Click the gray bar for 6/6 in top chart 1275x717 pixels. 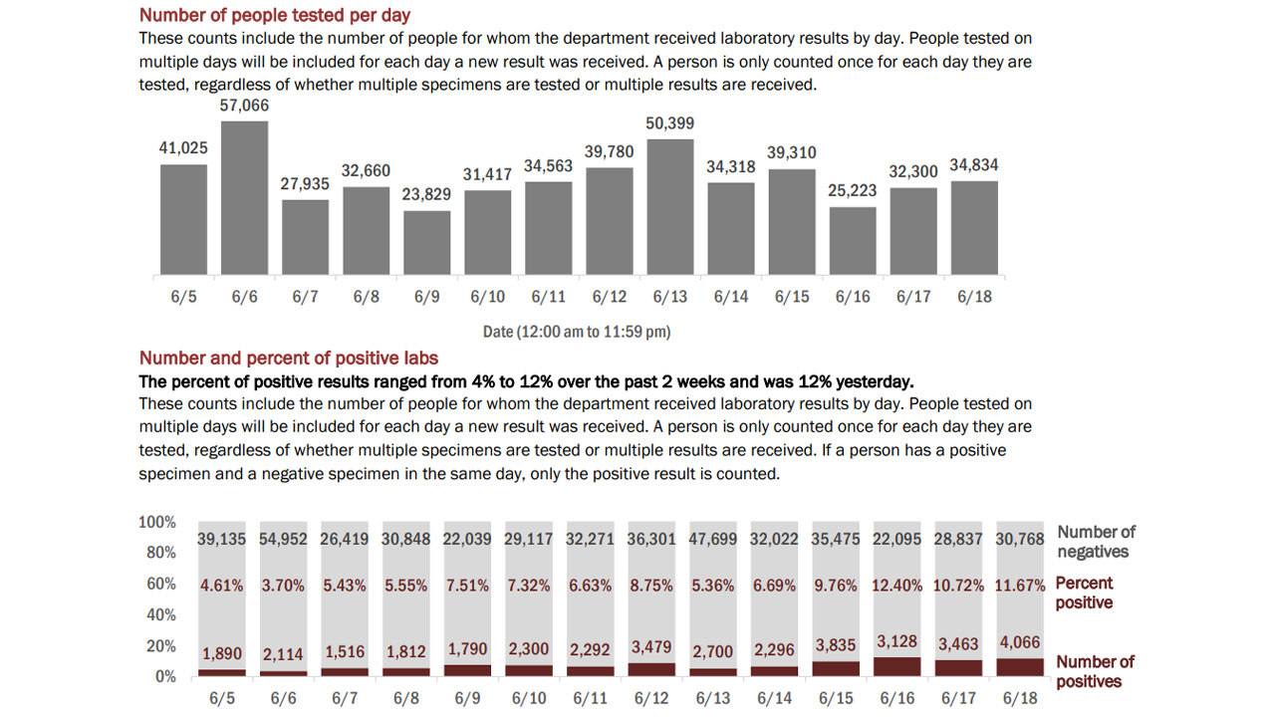pos(244,198)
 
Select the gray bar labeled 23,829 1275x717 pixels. pos(427,243)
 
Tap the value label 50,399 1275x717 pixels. pos(670,123)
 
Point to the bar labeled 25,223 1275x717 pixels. pos(853,241)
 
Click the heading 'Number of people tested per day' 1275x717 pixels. pos(275,15)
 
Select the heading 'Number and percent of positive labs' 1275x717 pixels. pos(289,358)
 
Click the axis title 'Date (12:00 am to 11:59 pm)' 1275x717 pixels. pos(577,332)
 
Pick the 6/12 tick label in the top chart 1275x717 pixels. pos(609,297)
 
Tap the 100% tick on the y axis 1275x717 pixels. pos(157,522)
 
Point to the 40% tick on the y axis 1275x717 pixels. pos(160,614)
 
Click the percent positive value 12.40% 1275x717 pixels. pos(897,586)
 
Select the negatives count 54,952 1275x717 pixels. pos(285,540)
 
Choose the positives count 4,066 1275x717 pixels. pos(1020,644)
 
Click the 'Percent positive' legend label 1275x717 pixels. pos(1084,593)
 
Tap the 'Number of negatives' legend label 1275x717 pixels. pos(1096,542)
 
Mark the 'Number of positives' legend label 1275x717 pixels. pos(1095,671)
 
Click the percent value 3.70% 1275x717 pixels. pos(285,586)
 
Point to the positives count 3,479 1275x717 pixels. pos(651,647)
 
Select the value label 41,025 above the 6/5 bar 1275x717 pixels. pos(183,148)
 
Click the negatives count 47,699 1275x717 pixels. pos(713,540)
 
